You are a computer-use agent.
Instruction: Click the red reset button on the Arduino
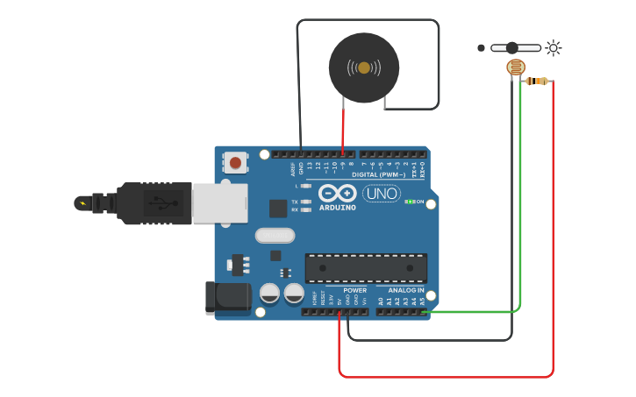[235, 161]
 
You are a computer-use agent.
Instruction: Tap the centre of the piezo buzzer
[363, 67]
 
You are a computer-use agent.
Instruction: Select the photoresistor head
[516, 67]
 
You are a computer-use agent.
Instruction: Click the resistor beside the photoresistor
[537, 82]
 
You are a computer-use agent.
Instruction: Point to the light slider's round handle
[511, 47]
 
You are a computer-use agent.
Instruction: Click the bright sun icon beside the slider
[553, 47]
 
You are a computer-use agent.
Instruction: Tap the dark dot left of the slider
[481, 47]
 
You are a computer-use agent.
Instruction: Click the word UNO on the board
[382, 193]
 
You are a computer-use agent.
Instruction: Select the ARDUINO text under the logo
[337, 208]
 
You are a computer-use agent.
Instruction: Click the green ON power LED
[409, 202]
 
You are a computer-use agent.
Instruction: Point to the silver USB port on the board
[220, 202]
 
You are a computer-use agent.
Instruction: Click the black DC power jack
[227, 297]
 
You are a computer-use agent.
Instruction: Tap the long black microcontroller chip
[366, 267]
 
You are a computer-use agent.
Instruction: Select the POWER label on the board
[355, 289]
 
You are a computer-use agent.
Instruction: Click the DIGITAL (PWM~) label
[378, 174]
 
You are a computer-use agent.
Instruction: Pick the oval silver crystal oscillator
[275, 235]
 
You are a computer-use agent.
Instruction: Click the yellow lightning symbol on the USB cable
[82, 203]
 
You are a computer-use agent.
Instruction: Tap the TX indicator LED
[304, 202]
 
